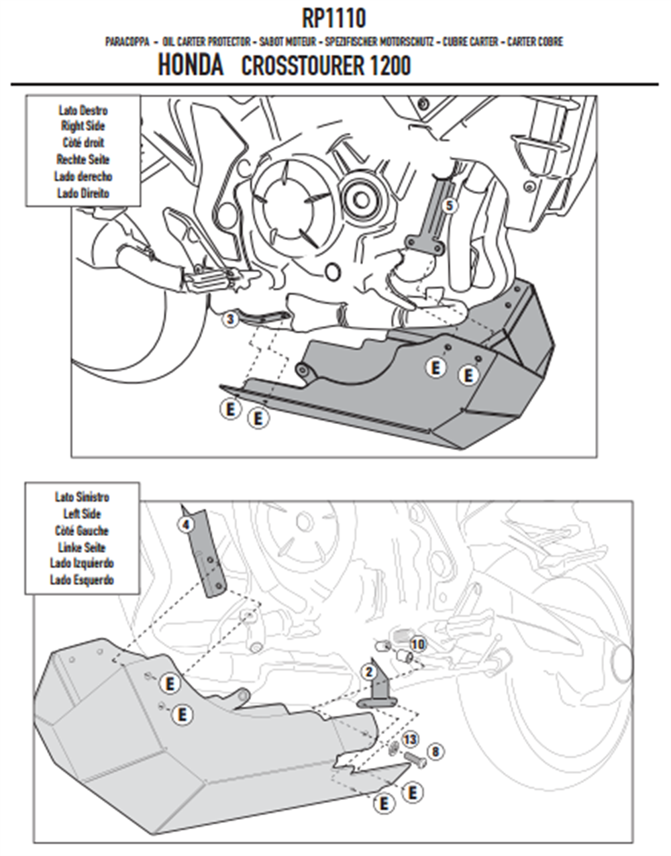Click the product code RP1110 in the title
click(x=333, y=19)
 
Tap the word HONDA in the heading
click(x=191, y=65)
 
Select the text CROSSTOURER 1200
click(x=326, y=65)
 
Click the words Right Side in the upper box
click(x=83, y=126)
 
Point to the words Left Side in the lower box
click(x=82, y=514)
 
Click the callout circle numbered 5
click(x=450, y=205)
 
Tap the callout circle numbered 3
click(x=231, y=319)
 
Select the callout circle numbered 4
click(x=187, y=525)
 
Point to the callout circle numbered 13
click(x=410, y=739)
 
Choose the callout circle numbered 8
click(x=435, y=751)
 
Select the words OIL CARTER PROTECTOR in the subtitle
click(x=206, y=42)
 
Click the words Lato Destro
click(x=83, y=110)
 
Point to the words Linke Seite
click(x=82, y=547)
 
